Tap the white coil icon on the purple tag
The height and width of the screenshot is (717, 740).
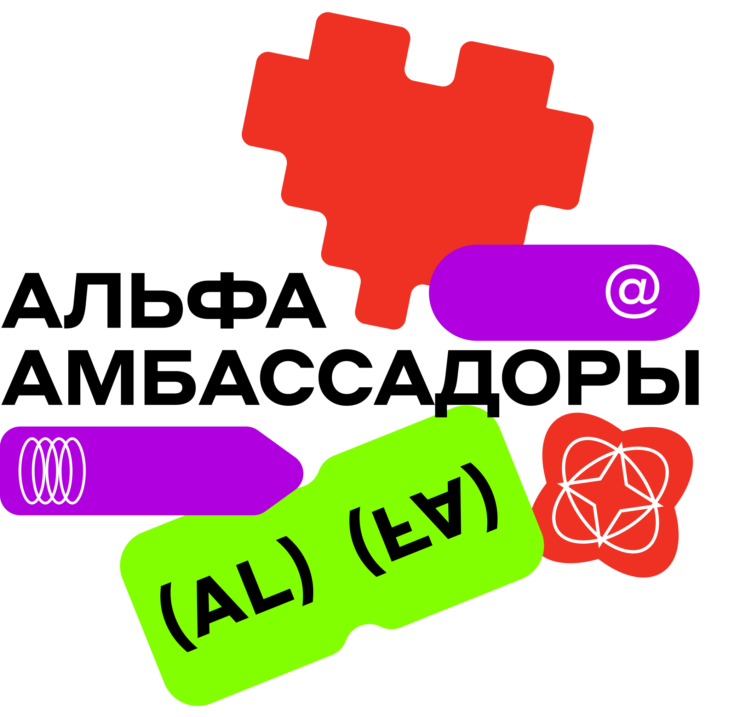(x=52, y=470)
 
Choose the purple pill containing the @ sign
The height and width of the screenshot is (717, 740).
(x=529, y=293)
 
